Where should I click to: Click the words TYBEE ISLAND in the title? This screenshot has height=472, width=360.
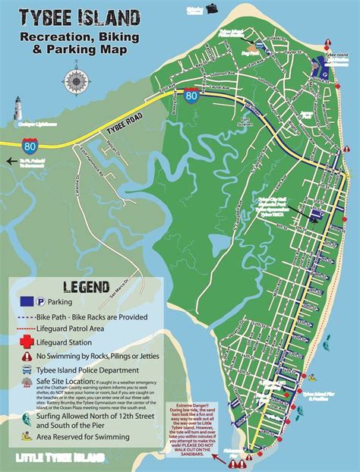coord(79,17)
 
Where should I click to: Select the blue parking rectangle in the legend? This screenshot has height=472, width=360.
coord(24,301)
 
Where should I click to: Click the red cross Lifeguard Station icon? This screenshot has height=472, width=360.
coord(25,341)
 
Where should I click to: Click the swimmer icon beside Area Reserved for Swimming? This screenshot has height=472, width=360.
coord(25,436)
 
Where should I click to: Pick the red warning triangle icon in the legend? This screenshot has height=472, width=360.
coord(25,355)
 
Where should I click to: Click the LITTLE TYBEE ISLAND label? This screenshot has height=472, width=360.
coord(61,458)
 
